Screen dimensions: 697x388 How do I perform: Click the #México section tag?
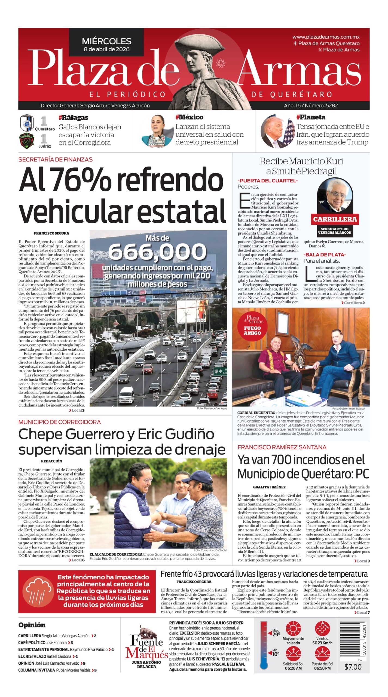189,117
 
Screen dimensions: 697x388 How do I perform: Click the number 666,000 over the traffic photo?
157,251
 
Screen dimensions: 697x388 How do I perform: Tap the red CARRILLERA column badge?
335,219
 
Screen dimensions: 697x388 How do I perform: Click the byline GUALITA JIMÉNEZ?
269,487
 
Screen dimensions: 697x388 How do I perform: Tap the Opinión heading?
32,625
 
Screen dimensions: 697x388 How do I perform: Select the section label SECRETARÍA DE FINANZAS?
55,160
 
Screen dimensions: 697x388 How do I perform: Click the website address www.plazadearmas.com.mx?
326,37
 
